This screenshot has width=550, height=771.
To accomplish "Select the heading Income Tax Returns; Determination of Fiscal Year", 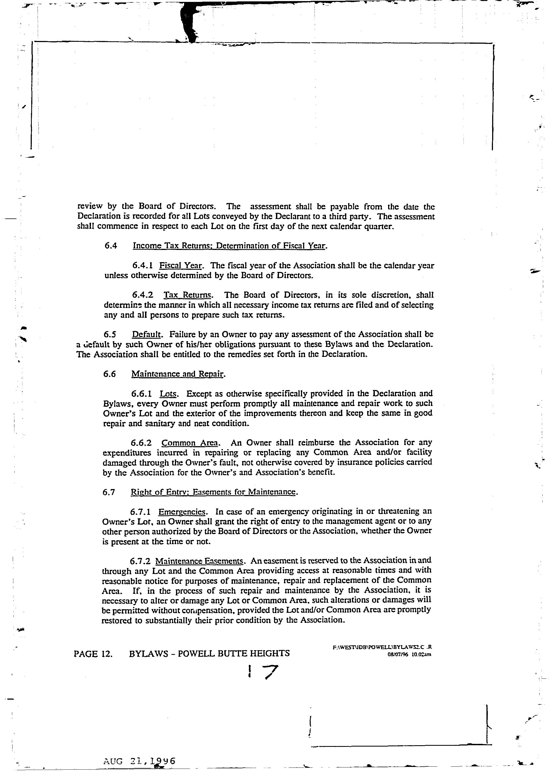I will [230, 246].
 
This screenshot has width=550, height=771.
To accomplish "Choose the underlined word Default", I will [147, 335].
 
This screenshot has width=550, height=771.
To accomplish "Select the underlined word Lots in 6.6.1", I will [167, 394].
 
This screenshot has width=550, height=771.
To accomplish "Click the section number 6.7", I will [109, 492].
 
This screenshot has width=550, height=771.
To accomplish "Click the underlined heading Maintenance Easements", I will [199, 561].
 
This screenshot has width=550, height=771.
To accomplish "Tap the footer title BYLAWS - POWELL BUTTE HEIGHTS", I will [209, 653].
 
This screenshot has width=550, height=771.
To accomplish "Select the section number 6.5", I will [110, 335].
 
